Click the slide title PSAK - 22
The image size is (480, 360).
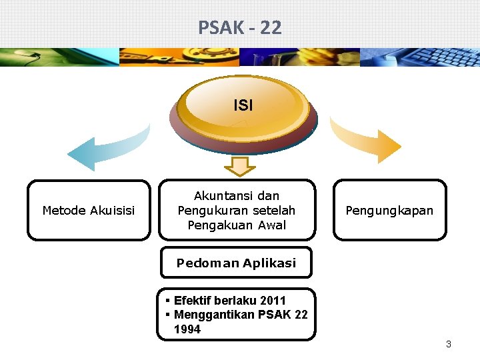240,27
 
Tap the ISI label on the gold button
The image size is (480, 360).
243,105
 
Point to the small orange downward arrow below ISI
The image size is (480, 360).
244,165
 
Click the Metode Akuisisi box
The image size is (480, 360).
89,211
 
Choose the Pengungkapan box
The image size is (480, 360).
389,211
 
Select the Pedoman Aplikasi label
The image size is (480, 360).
236,263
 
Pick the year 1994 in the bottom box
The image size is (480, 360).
187,329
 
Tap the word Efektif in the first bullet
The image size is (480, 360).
192,301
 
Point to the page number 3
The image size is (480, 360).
448,344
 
